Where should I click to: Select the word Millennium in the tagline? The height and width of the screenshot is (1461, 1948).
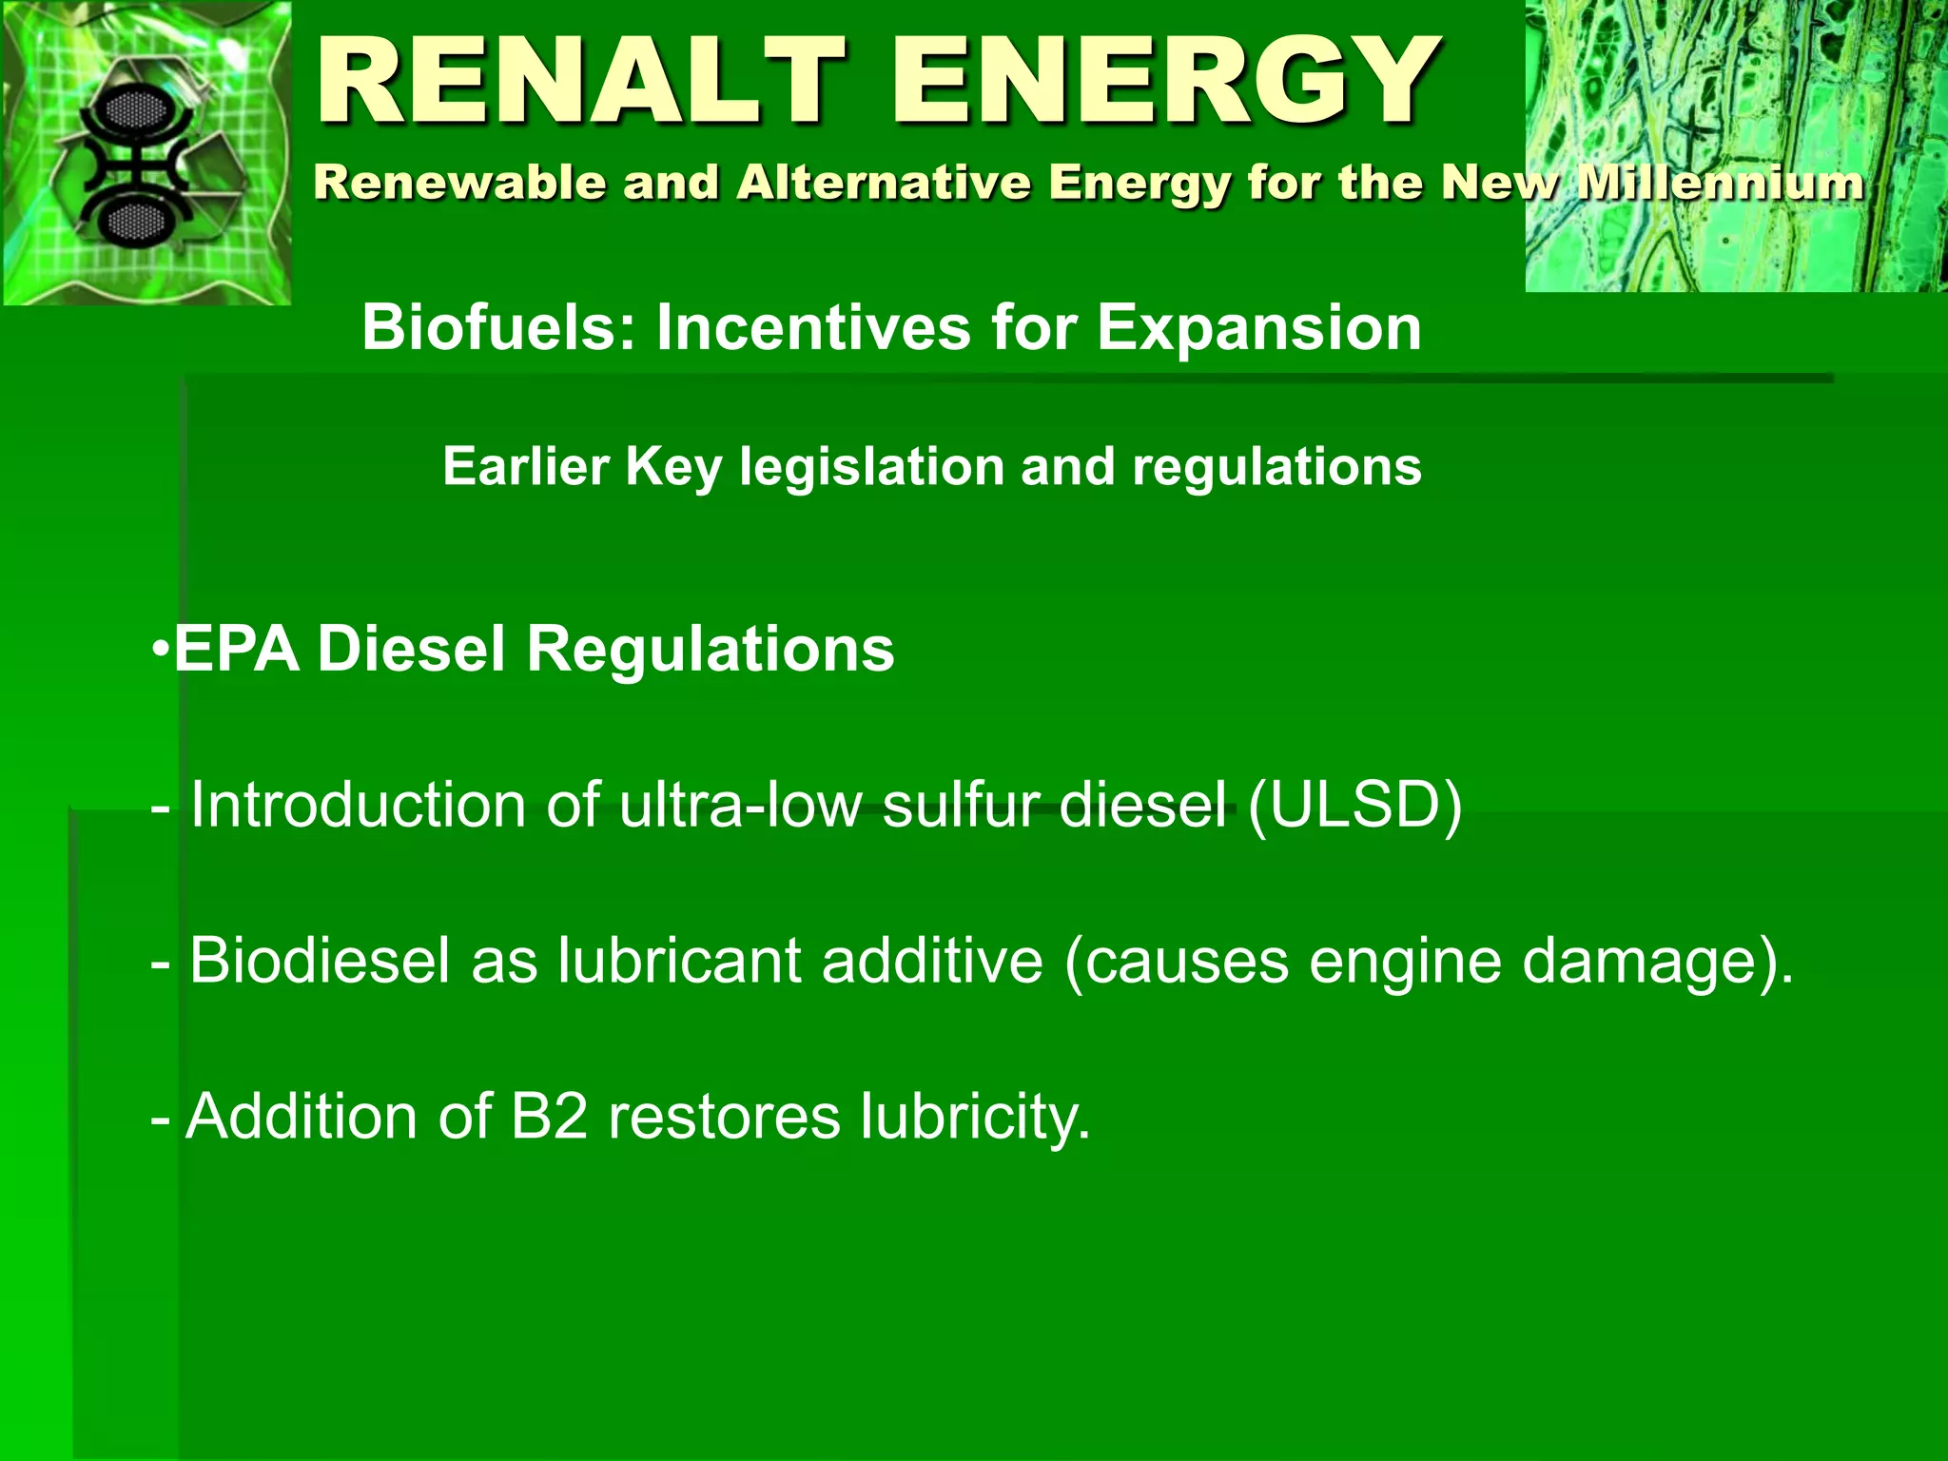click(x=1720, y=182)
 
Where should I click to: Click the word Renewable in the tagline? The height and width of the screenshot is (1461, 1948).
click(x=459, y=182)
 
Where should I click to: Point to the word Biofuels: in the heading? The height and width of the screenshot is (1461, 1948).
click(x=498, y=328)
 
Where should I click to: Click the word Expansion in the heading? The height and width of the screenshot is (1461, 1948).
click(x=1258, y=328)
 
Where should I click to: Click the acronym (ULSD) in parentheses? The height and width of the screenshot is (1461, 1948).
click(x=1354, y=806)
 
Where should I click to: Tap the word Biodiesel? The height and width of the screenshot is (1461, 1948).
click(x=319, y=961)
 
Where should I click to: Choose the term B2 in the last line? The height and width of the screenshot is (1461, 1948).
click(x=549, y=1116)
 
